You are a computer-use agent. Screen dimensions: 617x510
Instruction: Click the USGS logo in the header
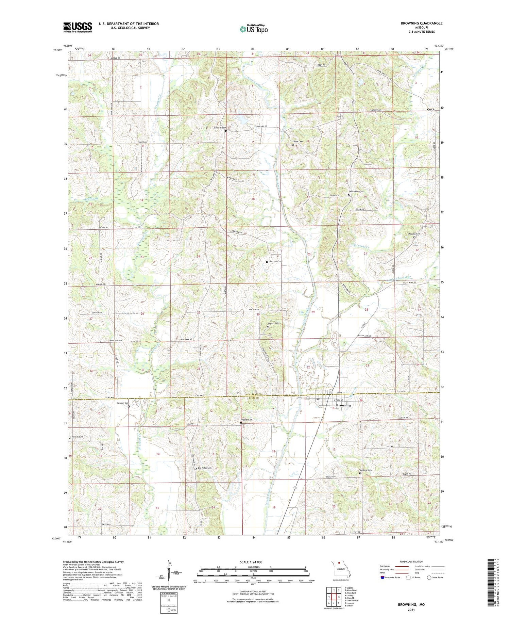[x=78, y=27]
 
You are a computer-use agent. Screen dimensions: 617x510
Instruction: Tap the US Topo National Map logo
[x=253, y=29]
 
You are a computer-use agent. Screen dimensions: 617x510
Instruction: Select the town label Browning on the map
[x=343, y=405]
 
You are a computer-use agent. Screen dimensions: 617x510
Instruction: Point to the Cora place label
[x=431, y=109]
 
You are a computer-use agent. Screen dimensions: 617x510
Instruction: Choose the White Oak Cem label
[x=356, y=191]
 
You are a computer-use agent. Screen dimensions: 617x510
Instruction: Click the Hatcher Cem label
[x=275, y=261]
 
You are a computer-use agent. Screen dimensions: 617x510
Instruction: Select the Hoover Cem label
[x=273, y=323]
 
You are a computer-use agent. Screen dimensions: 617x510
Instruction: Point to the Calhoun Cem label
[x=123, y=403]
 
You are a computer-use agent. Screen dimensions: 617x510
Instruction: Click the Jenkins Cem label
[x=366, y=470]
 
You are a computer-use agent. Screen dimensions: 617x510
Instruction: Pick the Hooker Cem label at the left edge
[x=77, y=437]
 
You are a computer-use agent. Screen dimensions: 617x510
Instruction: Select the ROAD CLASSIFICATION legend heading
[x=411, y=562]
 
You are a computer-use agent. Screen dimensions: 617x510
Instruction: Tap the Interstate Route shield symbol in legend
[x=382, y=578]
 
